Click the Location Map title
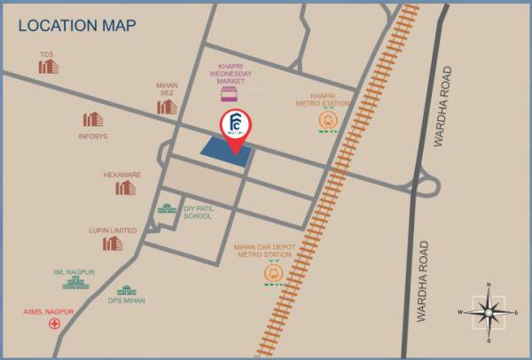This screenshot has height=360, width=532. [x=77, y=26]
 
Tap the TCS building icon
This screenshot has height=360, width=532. [x=47, y=67]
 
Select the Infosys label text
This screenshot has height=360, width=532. [x=93, y=137]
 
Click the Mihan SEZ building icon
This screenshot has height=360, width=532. [x=167, y=106]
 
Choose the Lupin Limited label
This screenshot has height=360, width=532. [x=113, y=231]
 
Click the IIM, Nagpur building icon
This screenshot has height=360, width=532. [x=76, y=282]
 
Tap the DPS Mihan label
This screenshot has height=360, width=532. [x=128, y=301]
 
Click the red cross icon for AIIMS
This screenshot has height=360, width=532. [x=55, y=325]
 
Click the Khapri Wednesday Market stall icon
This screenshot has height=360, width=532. [x=230, y=92]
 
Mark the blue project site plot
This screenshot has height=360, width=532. [x=222, y=151]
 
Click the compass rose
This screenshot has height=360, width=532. [x=489, y=311]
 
